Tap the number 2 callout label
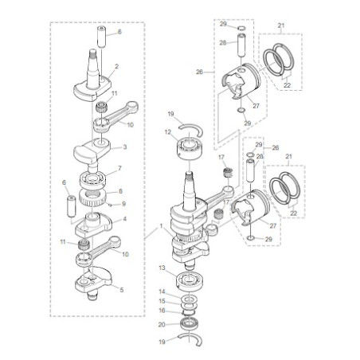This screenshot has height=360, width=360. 117,67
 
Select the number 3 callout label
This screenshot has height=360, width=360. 124,147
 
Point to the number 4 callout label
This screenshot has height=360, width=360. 124,220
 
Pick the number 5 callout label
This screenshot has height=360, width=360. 122,289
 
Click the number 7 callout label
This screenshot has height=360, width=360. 119,169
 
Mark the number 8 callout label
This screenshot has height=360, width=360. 119,191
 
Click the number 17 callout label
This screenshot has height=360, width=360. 222,156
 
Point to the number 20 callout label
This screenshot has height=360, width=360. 162,324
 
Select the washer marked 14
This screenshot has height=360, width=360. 190,296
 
